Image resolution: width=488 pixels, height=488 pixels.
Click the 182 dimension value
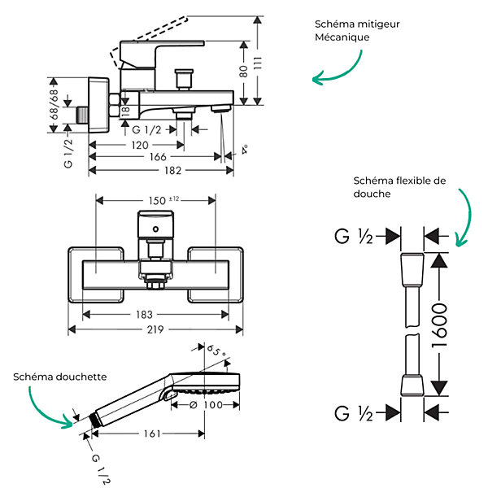[x=172, y=171]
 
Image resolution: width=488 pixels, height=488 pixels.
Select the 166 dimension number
[x=158, y=157]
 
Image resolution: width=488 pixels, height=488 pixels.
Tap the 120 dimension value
[x=140, y=146]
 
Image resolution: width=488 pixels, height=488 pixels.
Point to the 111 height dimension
[x=258, y=63]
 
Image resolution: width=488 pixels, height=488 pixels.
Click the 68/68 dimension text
[x=54, y=105]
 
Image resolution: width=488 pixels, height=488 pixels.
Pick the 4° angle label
[x=245, y=150]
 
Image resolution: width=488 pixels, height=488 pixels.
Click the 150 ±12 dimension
[x=163, y=200]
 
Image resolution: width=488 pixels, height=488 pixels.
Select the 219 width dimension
[x=155, y=329]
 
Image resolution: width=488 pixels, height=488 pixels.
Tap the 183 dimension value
[x=144, y=315]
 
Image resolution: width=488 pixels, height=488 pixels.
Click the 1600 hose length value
[x=439, y=326]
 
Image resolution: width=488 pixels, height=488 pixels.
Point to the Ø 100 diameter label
[x=206, y=405]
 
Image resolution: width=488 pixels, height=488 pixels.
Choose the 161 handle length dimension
[x=152, y=434]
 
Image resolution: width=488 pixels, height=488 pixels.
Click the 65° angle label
[x=216, y=351]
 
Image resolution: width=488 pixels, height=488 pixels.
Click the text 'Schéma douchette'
[x=59, y=377]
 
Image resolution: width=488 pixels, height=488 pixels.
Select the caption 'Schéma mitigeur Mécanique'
[x=357, y=31]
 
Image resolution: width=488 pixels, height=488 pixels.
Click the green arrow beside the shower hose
[x=464, y=217]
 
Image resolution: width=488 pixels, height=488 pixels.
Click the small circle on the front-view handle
[x=155, y=229]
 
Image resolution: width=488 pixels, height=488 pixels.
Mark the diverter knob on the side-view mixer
[x=184, y=80]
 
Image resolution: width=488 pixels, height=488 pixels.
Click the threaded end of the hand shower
[x=94, y=420]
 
